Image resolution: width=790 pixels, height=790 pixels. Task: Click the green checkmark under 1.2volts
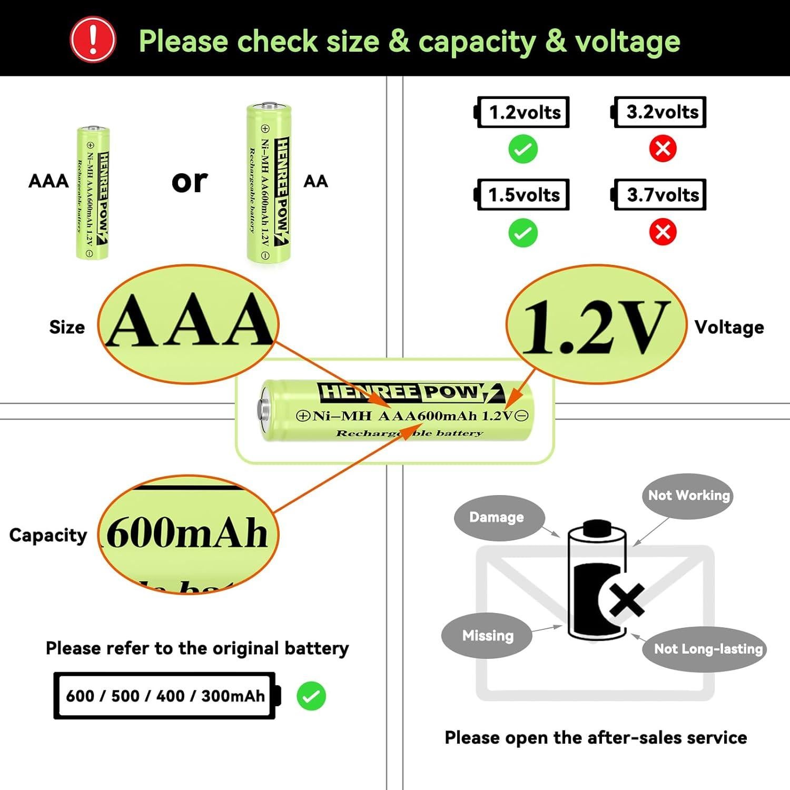click(x=523, y=149)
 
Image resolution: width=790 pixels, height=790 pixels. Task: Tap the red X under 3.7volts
click(x=663, y=232)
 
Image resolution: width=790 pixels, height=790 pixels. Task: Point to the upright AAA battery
click(x=93, y=193)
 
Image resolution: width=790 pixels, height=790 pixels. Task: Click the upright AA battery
click(x=269, y=183)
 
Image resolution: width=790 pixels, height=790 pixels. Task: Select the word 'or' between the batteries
click(x=190, y=181)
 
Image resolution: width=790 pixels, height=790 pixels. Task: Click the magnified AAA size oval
click(x=189, y=323)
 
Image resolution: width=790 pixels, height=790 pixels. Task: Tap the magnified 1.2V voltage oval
click(x=596, y=323)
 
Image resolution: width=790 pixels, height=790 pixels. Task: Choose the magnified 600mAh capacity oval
click(x=188, y=534)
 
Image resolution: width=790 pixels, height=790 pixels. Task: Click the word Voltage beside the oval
click(x=729, y=327)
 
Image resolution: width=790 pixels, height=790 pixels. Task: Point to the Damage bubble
click(x=496, y=517)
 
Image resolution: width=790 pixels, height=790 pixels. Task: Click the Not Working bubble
click(x=688, y=496)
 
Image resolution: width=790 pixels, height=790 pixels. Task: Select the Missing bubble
click(x=487, y=636)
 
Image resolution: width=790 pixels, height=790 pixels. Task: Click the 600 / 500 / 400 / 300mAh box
click(x=165, y=696)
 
